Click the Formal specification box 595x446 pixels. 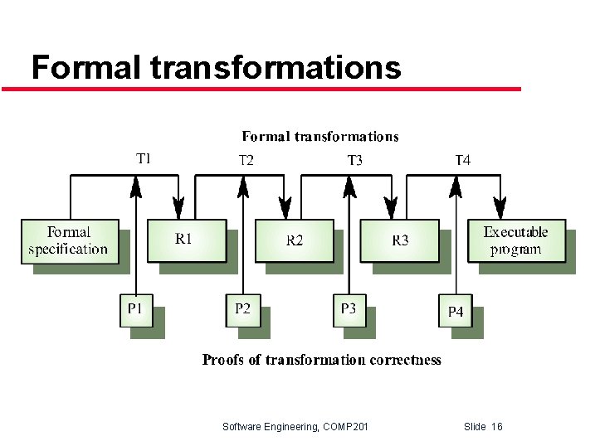(x=68, y=240)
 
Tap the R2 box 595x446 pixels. (x=294, y=240)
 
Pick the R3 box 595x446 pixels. (x=400, y=240)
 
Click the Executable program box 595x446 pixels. (x=515, y=240)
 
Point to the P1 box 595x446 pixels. (x=135, y=310)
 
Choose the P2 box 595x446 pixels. (x=242, y=310)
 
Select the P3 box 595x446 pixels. (x=349, y=310)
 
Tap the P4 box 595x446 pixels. (x=456, y=312)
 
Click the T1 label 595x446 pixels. (x=143, y=158)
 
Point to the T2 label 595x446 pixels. (x=246, y=160)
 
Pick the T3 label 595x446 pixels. (x=354, y=160)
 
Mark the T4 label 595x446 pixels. (x=462, y=160)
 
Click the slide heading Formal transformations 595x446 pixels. (x=216, y=66)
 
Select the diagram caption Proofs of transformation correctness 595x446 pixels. (x=322, y=360)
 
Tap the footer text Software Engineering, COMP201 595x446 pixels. (x=295, y=427)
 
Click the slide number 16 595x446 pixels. (x=496, y=427)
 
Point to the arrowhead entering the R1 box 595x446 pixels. (x=178, y=208)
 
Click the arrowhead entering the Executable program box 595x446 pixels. (x=500, y=208)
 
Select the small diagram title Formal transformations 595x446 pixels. (x=320, y=137)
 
